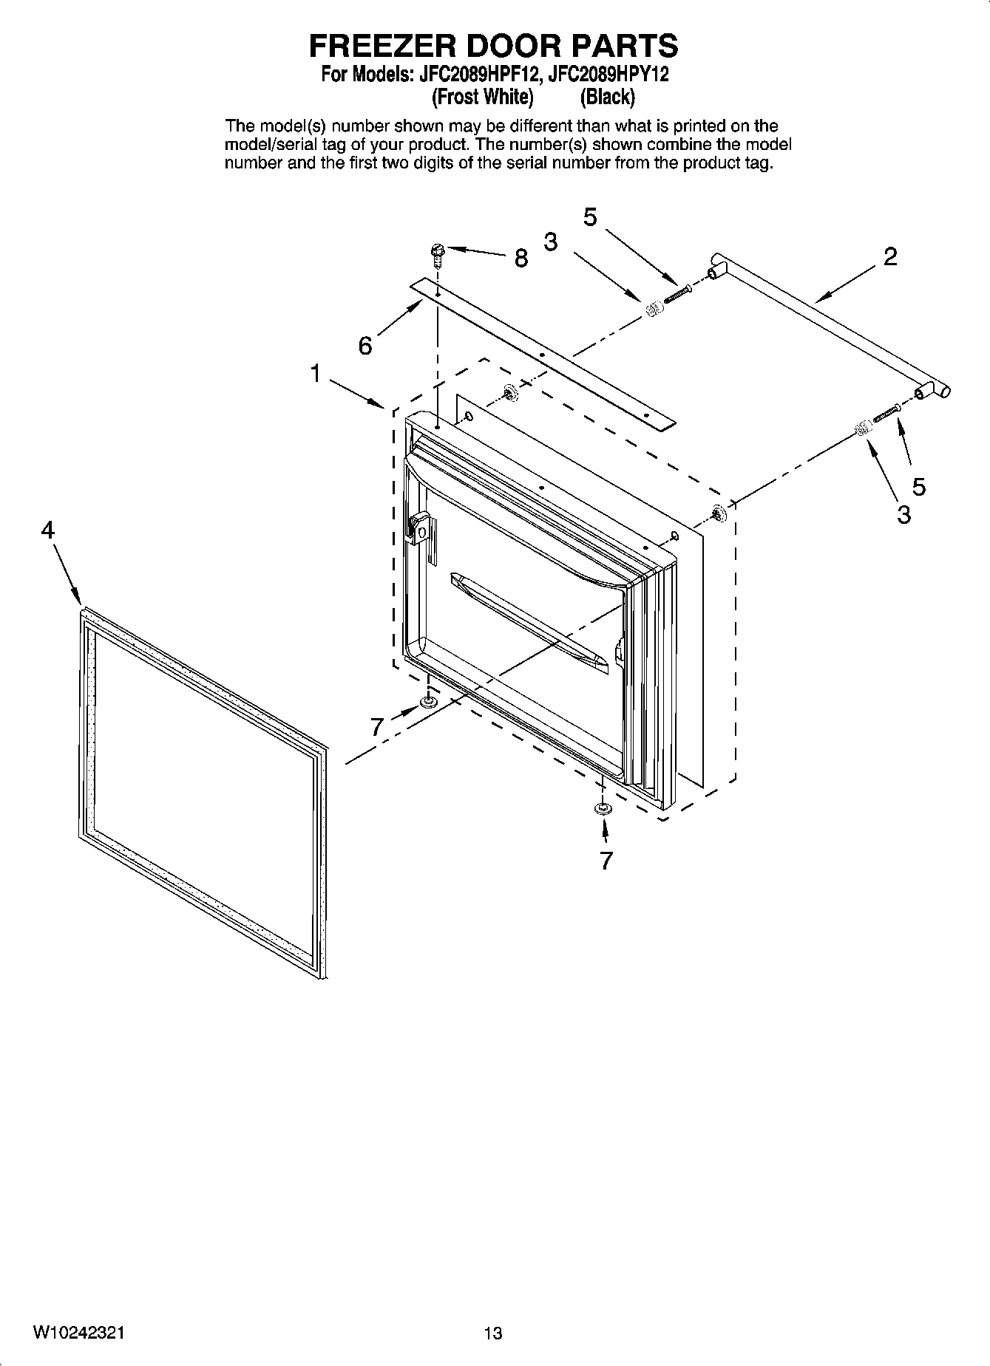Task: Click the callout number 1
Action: click(316, 374)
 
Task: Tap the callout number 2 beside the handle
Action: click(890, 256)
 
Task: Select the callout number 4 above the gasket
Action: click(47, 530)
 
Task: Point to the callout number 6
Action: click(365, 345)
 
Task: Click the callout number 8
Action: click(521, 258)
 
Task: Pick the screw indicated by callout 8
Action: click(437, 255)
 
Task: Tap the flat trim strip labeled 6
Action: click(543, 355)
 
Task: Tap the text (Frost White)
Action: click(482, 97)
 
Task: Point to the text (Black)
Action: click(607, 97)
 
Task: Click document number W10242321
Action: click(78, 1333)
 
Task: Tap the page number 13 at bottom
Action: click(493, 1333)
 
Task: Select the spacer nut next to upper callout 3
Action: click(653, 310)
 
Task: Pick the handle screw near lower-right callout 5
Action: click(886, 414)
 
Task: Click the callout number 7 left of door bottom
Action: click(378, 727)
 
